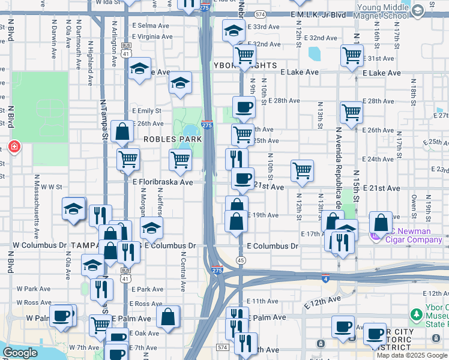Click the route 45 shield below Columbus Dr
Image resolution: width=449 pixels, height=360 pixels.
[x=241, y=260]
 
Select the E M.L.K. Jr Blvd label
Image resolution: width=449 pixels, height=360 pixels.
[x=319, y=14]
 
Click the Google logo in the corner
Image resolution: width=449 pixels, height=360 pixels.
[x=20, y=352]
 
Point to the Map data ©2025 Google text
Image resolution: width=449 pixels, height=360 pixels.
[x=412, y=355]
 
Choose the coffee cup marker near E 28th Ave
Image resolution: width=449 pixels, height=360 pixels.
[x=243, y=107]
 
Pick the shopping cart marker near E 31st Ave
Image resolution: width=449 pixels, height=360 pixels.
[x=352, y=56]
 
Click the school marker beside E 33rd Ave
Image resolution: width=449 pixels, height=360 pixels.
[x=233, y=31]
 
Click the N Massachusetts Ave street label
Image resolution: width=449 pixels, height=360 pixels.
[x=37, y=205]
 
